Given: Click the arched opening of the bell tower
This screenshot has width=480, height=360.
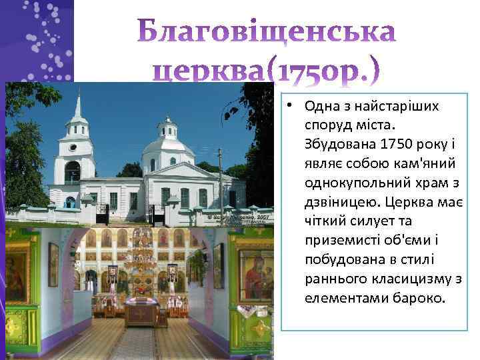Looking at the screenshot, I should point(72,171).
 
